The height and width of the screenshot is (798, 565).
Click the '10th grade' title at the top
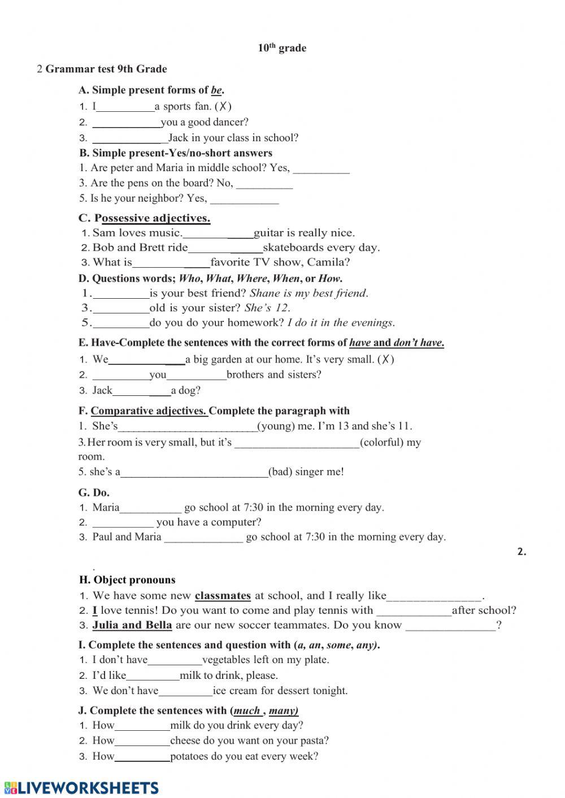point(282,48)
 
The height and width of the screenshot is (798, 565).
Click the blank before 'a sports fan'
point(125,107)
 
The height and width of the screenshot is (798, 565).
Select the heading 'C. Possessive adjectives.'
point(144,218)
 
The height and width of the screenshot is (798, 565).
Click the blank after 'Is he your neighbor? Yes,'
point(244,199)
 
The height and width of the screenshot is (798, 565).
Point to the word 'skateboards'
point(292,247)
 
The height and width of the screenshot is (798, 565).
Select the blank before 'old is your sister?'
point(120,308)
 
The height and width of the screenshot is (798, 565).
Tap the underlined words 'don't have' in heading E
point(418,343)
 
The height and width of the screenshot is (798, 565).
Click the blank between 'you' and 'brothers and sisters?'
point(196,375)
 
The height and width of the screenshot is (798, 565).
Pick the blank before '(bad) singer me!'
point(194,473)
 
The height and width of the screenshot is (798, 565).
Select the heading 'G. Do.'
point(94,492)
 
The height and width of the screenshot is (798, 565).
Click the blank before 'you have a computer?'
point(123,523)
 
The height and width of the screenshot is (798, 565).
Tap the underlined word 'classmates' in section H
point(223,596)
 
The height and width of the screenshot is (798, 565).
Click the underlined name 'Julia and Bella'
point(132,625)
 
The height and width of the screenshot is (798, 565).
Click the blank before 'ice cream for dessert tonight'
point(185,691)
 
